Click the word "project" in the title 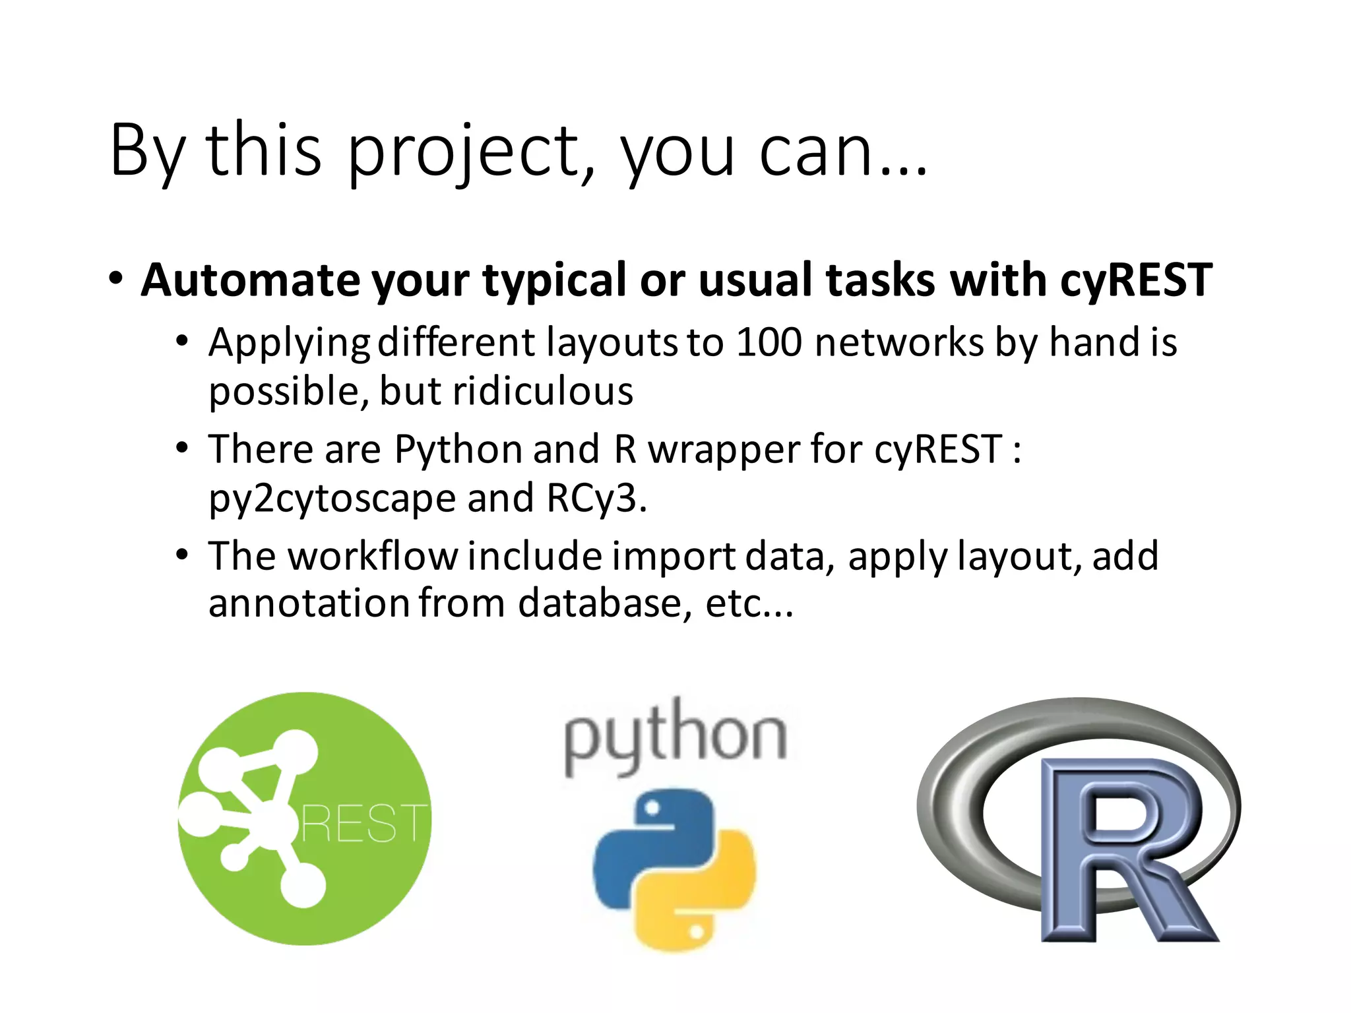click(462, 152)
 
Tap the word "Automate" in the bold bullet click(250, 280)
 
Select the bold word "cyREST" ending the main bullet click(1136, 280)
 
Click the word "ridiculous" click(542, 391)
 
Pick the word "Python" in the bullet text click(458, 450)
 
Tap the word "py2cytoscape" click(332, 499)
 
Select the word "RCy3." click(596, 499)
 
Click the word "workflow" click(373, 556)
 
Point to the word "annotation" click(309, 603)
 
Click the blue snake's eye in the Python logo click(652, 808)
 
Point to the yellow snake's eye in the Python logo click(697, 932)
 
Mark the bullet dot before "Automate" click(116, 278)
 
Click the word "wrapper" click(723, 450)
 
